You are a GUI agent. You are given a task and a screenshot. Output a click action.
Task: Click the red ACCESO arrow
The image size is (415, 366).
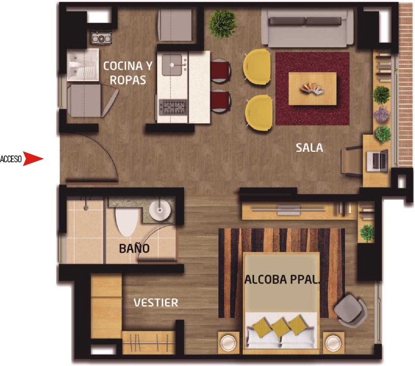(x=33, y=159)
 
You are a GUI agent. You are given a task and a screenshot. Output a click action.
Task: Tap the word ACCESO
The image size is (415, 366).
(x=11, y=159)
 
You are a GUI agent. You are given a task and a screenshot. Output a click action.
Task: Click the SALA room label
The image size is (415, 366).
(x=309, y=148)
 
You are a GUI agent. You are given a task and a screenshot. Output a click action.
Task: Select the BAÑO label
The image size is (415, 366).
(x=134, y=249)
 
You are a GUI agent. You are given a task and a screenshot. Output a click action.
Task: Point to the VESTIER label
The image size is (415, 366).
(x=156, y=303)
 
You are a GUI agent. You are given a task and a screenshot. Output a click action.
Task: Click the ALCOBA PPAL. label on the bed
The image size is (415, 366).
(x=282, y=280)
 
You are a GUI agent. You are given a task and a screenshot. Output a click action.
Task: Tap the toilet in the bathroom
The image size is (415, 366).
(x=127, y=221)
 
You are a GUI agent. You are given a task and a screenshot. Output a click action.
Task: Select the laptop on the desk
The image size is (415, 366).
(x=377, y=160)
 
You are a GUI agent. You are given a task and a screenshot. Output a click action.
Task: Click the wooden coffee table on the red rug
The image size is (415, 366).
(x=313, y=88)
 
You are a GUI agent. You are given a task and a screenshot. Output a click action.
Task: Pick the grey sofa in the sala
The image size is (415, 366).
(x=307, y=28)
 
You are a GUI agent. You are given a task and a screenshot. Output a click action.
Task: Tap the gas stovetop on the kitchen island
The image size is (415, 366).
(x=173, y=108)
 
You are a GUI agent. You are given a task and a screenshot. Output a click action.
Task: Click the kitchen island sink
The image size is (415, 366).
(x=172, y=64)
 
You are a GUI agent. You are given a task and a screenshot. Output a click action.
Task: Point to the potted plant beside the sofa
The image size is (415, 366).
(x=222, y=24)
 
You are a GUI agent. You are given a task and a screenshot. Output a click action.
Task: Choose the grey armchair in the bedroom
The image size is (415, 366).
(x=351, y=310)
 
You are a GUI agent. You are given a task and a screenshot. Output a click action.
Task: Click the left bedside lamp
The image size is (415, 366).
(x=228, y=343)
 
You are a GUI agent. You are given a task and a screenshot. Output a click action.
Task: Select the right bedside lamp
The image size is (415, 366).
(x=333, y=343)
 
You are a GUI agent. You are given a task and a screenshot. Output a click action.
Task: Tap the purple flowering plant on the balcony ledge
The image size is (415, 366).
(x=381, y=114)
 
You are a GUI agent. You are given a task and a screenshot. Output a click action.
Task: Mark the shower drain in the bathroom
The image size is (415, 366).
(x=86, y=208)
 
